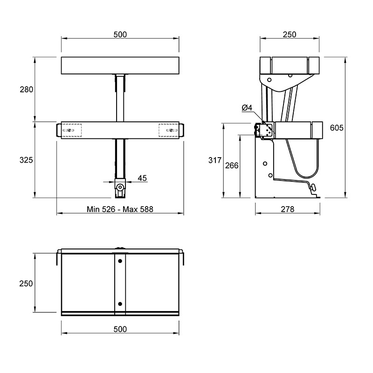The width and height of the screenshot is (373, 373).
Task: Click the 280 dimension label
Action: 27,90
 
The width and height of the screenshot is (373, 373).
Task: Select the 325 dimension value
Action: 26,160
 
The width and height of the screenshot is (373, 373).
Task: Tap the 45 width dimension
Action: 142,178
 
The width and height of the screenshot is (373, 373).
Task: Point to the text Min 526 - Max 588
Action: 120,209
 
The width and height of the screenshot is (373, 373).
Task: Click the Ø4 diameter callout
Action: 247,108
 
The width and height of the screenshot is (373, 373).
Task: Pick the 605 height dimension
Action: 337,128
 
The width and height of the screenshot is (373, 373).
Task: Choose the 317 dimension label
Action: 215,160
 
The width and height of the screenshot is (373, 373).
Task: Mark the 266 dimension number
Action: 232,166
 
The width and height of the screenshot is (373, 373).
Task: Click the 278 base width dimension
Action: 288,209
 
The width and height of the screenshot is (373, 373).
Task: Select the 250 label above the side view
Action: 290,35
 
